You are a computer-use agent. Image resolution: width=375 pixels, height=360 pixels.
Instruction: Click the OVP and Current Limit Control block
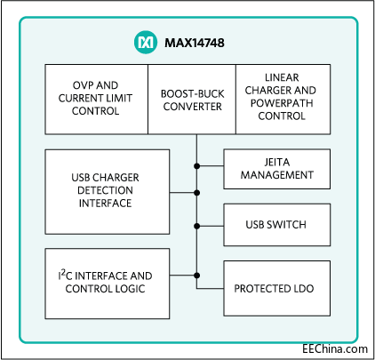tap(95, 99)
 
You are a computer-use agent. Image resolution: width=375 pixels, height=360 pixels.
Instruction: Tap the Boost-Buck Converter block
tap(191, 99)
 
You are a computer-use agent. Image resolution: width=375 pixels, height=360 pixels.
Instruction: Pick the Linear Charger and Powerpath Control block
tap(283, 99)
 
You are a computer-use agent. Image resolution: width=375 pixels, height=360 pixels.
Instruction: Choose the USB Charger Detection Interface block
tap(107, 191)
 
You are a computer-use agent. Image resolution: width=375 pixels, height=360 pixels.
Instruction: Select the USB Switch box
tap(276, 224)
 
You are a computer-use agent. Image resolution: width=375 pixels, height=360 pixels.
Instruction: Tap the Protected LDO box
tap(276, 289)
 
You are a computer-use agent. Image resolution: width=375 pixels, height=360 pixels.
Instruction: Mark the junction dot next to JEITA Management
tap(196, 166)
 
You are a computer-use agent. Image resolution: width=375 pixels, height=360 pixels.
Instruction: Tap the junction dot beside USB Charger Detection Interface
tap(196, 191)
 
